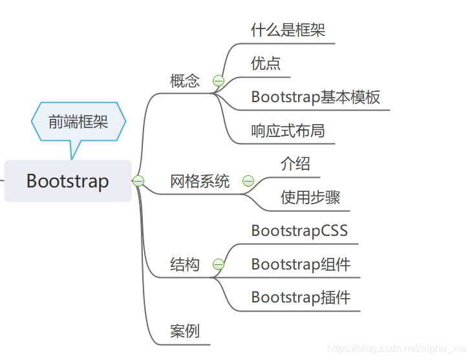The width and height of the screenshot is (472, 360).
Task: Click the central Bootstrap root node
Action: pos(68,181)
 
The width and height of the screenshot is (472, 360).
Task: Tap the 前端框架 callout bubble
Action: pos(78,122)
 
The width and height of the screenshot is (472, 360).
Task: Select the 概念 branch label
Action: pos(185,81)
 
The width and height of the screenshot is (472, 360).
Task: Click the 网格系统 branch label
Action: pos(200,181)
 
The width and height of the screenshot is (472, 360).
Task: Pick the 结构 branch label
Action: pos(185,264)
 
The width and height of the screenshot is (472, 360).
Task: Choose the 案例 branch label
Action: pos(185,332)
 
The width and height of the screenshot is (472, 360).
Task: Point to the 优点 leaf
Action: pos(266,63)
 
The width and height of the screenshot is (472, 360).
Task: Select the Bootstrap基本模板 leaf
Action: pos(316,97)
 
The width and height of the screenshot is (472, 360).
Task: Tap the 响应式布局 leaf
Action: pos(288,131)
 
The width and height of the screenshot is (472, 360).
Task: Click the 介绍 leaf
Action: pos(295,164)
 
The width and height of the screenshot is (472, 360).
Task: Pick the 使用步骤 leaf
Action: pos(310,197)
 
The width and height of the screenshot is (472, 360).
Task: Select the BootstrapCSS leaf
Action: pos(299,231)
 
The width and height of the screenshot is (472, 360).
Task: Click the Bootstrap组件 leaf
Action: pos(301,264)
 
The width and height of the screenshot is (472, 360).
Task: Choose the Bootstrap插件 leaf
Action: pos(301,298)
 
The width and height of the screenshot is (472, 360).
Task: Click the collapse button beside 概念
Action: pos(219,81)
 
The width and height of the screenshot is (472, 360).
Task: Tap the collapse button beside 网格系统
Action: pos(248,181)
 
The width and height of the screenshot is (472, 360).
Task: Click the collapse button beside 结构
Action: pos(219,264)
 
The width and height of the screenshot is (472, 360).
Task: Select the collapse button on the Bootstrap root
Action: pos(138,181)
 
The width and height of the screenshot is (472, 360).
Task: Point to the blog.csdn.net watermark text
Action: pos(396,348)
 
